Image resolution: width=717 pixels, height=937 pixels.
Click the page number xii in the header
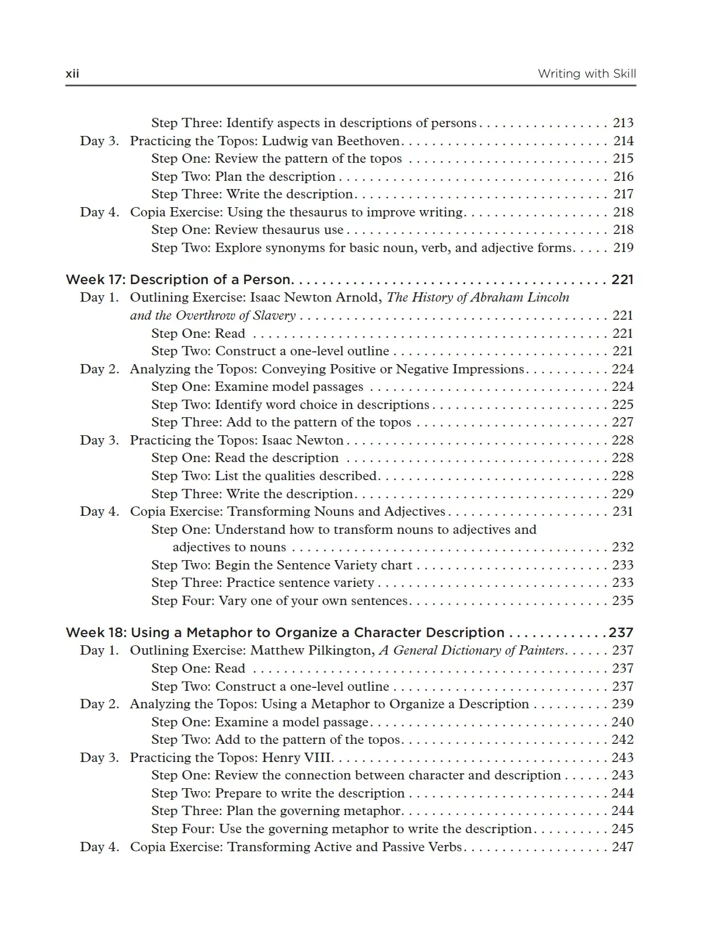coord(72,74)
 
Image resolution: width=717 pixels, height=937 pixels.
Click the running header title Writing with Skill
coord(586,74)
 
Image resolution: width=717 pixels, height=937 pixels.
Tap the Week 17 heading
coord(179,279)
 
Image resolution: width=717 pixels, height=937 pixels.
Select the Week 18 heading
coord(285,632)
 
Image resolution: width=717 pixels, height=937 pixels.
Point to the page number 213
coord(623,123)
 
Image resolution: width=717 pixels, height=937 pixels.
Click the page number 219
coord(623,248)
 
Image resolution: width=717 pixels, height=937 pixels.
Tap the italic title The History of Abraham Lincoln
coord(478,298)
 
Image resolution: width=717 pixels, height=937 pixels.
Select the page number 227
coord(622,422)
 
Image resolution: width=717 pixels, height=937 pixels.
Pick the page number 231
coord(622,512)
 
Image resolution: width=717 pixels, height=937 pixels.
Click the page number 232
coord(622,547)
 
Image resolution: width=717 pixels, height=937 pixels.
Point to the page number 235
coord(622,601)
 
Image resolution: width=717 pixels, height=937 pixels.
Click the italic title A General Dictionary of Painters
coord(472,651)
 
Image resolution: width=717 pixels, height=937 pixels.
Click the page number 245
coord(622,829)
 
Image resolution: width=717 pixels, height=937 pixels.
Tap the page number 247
coord(622,847)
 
